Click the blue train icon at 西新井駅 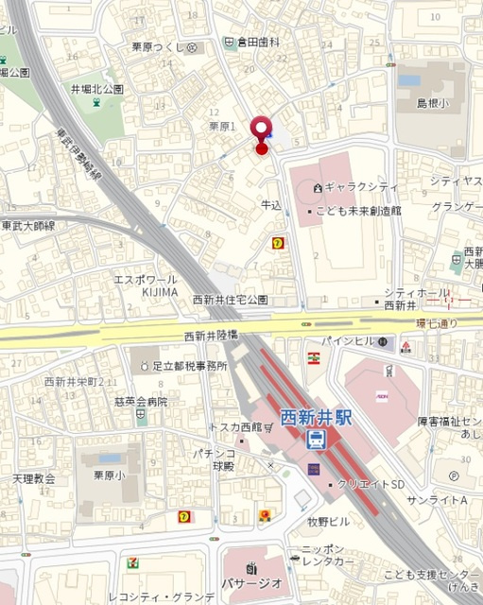(x=317, y=439)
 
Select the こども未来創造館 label (x=362, y=210)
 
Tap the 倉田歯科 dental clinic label (x=260, y=43)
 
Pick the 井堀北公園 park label (x=96, y=89)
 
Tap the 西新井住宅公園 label (x=230, y=300)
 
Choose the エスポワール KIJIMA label (x=146, y=285)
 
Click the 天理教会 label (x=33, y=479)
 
